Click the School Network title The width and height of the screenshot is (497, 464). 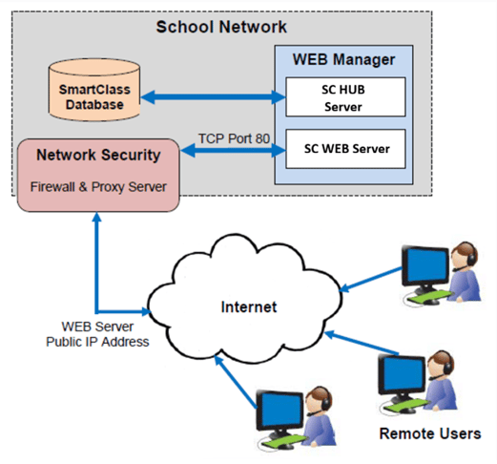(x=221, y=27)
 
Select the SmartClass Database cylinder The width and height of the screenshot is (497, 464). (x=94, y=90)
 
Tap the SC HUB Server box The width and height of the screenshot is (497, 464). (x=345, y=97)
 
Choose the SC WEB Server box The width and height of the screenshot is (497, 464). (x=345, y=149)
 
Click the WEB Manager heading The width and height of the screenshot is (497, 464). (x=343, y=59)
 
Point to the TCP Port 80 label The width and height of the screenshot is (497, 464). (x=234, y=138)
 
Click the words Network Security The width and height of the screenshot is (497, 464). (x=98, y=155)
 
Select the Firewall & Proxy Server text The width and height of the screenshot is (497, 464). (x=98, y=187)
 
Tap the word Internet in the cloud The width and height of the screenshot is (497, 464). (x=249, y=307)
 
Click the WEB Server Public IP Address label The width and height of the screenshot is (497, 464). (x=97, y=334)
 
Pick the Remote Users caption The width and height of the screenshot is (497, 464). (x=430, y=433)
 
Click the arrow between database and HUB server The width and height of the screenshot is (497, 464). (x=213, y=97)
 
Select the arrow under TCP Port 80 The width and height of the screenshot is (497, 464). (x=233, y=150)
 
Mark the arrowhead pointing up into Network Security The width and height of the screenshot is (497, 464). (x=96, y=217)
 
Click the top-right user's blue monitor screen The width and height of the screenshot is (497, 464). (x=425, y=265)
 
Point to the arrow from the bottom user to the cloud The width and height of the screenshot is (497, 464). (x=236, y=382)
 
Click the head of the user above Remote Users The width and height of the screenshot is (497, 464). (x=441, y=365)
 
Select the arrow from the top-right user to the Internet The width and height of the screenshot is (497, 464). (x=371, y=279)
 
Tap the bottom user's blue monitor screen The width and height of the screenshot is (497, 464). (x=280, y=410)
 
